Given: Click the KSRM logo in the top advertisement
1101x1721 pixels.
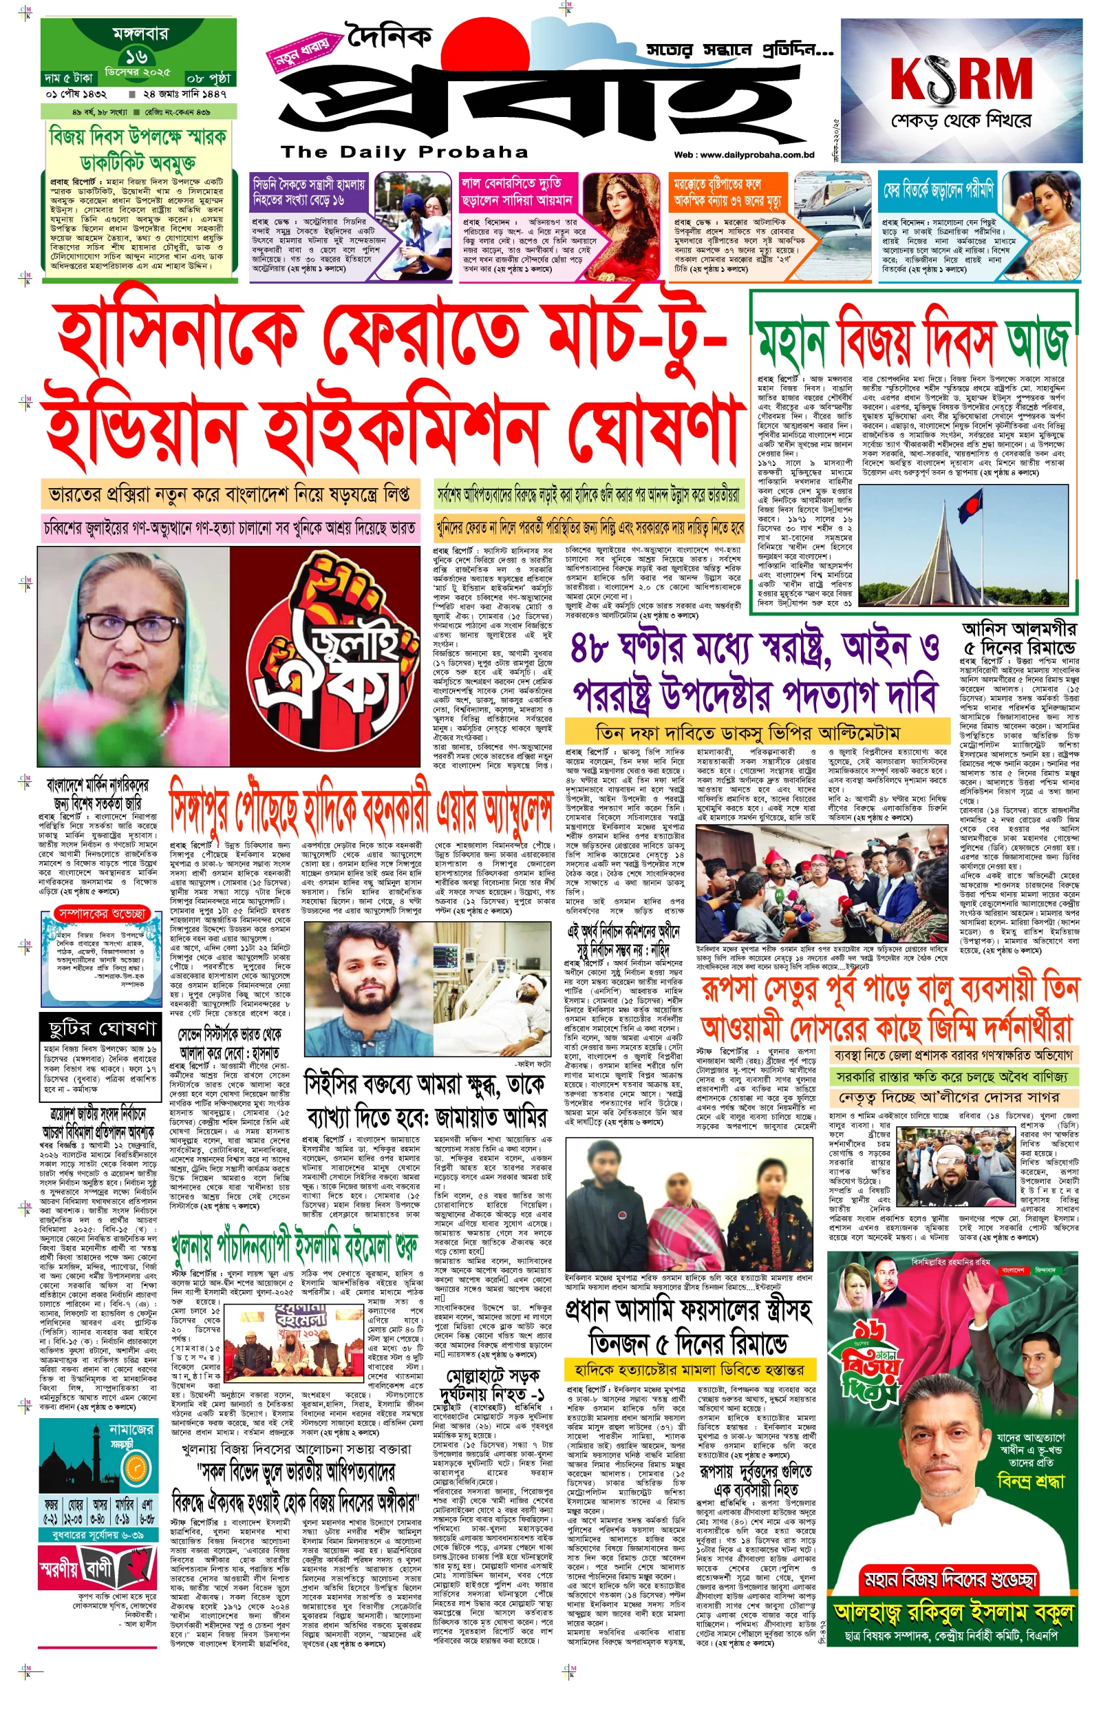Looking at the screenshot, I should coord(961,78).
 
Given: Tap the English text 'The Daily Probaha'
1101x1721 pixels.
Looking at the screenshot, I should coord(405,151).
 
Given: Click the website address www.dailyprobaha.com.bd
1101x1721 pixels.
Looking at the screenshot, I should coord(745,154).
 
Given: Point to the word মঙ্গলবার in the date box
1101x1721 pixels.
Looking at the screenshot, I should coord(140,33).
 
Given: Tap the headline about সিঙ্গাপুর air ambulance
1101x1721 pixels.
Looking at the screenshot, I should coord(361,807).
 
